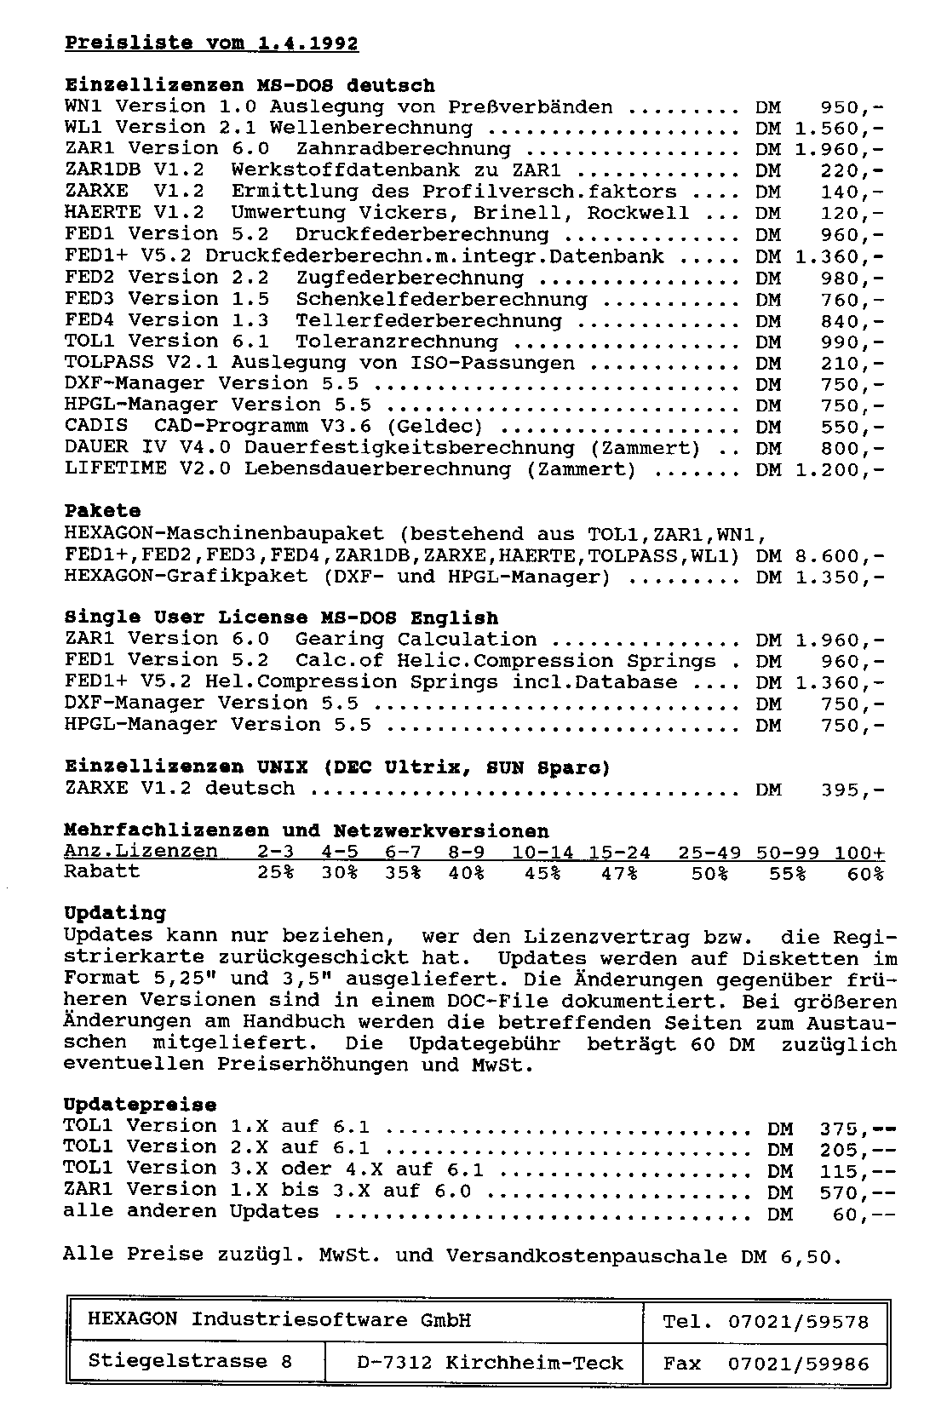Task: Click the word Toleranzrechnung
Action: [396, 342]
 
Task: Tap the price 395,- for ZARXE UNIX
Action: [852, 790]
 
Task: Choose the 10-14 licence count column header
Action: [542, 853]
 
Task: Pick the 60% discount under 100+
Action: [865, 874]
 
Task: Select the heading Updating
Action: [115, 914]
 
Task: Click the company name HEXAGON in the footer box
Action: [132, 1321]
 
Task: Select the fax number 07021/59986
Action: [798, 1364]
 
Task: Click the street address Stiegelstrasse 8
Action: [190, 1362]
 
